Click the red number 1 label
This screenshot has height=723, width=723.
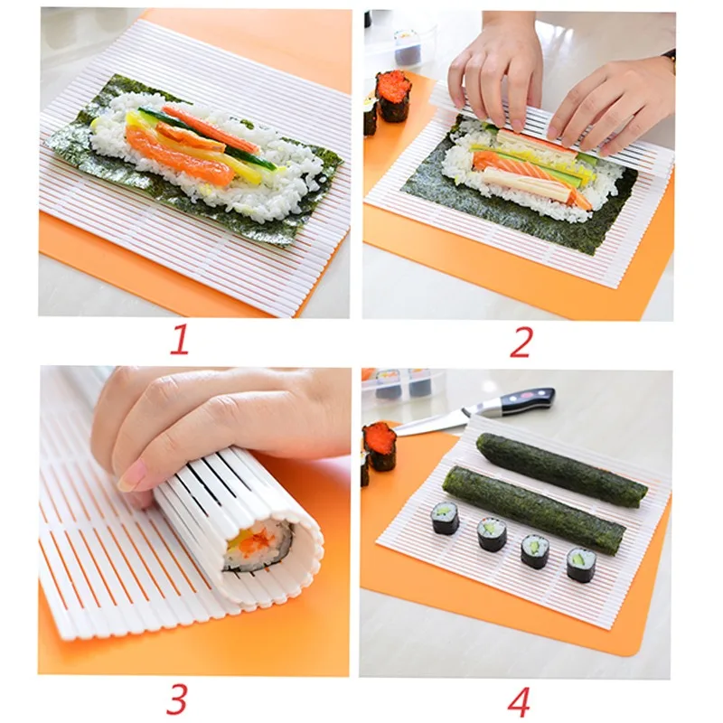tap(181, 341)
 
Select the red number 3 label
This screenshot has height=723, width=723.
tap(178, 698)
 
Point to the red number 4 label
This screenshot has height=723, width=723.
tap(519, 700)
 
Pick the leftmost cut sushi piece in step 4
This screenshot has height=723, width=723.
tap(444, 518)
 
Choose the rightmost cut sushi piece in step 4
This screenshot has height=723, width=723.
tap(581, 564)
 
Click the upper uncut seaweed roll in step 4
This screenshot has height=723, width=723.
tap(560, 469)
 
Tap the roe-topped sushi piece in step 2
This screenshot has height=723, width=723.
tap(393, 96)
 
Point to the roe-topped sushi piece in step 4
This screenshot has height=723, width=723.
tap(380, 445)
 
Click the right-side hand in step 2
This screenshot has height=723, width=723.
tap(615, 99)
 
